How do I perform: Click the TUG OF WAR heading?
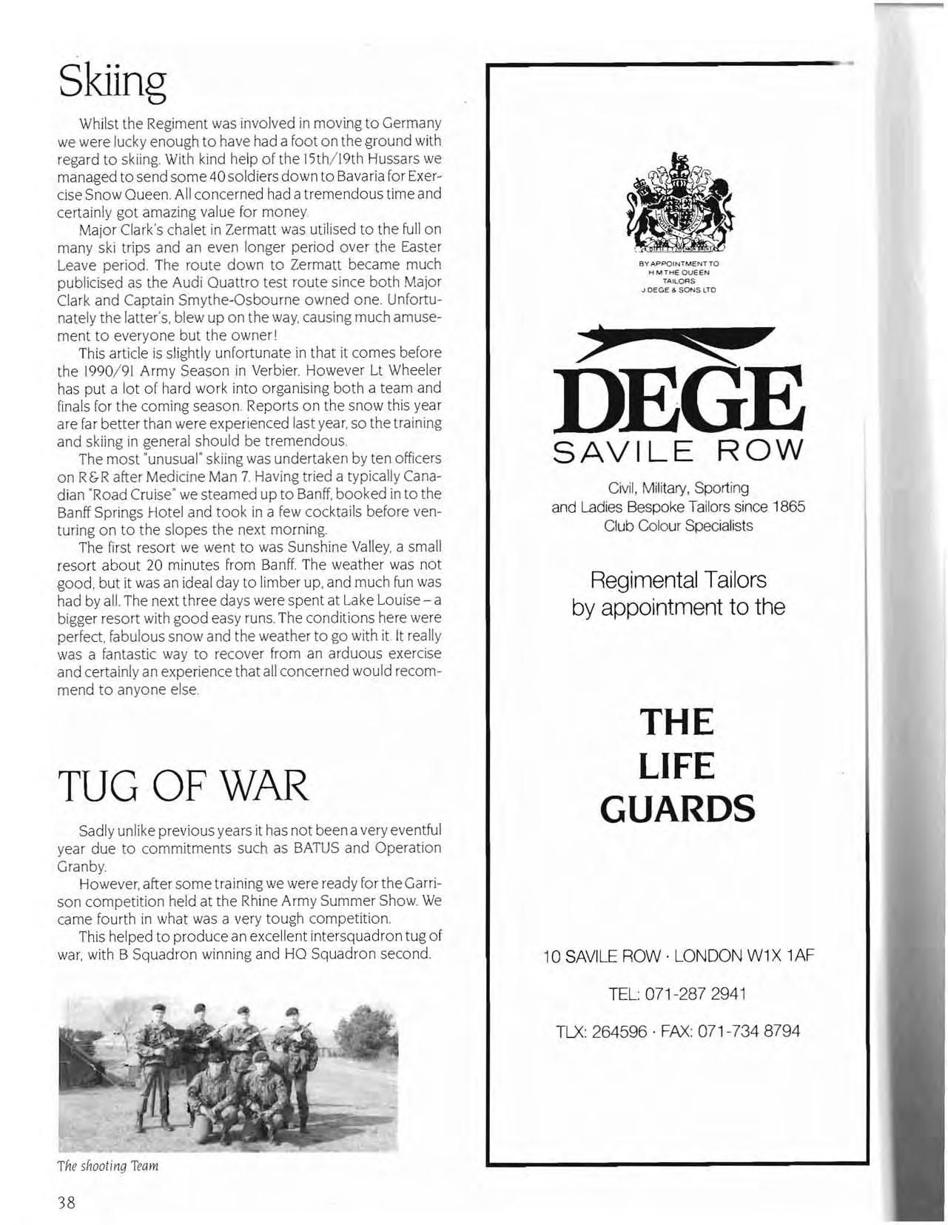tap(182, 786)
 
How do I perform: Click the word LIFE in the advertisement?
tap(676, 765)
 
